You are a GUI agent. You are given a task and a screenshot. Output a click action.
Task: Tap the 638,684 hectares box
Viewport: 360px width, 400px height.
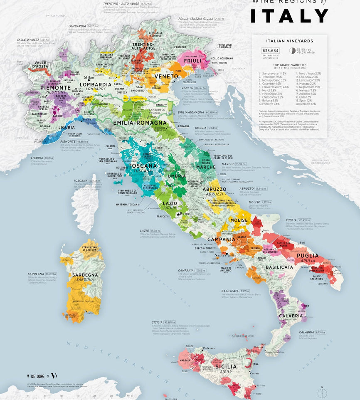[270, 51]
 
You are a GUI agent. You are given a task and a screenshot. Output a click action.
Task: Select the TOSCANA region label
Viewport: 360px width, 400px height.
[143, 165]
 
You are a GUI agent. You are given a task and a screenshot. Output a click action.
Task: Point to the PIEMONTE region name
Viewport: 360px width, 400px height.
[55, 88]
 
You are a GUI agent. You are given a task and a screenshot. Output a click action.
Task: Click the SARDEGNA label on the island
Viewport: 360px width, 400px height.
[85, 275]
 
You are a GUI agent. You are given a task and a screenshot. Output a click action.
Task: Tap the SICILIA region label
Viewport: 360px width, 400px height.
[226, 367]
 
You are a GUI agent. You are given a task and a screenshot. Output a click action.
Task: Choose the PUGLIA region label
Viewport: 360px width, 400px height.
[307, 256]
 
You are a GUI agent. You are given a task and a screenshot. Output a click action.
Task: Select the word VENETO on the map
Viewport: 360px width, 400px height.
[165, 76]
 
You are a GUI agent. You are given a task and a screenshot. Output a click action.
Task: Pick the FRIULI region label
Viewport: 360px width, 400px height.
[192, 61]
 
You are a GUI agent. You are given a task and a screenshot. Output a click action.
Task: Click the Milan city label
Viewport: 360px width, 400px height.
[89, 78]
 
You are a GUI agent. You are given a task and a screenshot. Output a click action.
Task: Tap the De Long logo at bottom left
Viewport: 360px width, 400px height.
[35, 376]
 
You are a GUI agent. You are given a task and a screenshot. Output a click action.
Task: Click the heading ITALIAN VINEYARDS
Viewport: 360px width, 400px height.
[289, 41]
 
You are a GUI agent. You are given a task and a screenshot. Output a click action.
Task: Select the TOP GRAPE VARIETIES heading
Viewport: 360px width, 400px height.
[289, 65]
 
